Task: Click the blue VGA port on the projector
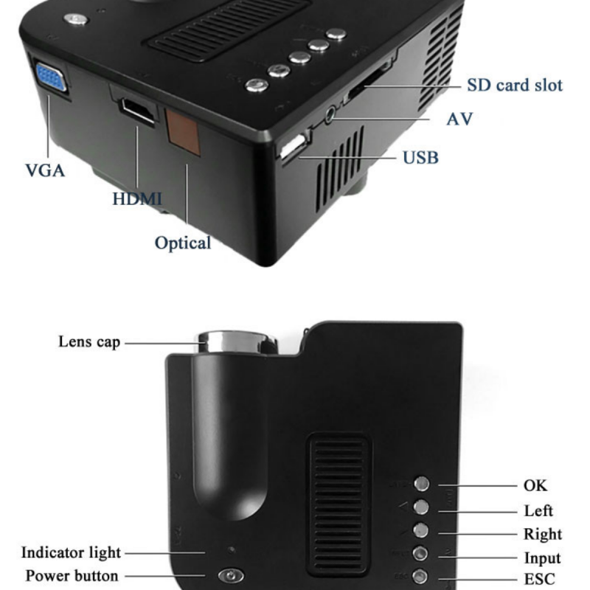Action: tap(51, 77)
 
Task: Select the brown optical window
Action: tap(183, 132)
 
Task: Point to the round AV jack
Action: tap(330, 114)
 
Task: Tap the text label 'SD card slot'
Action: tap(514, 85)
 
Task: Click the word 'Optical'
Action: tap(183, 243)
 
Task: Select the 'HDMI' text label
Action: tap(137, 198)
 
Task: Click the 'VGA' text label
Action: tap(45, 170)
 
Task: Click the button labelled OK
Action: tap(421, 484)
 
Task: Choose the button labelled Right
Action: tap(420, 530)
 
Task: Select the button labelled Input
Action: tap(420, 554)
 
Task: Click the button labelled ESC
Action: tap(420, 576)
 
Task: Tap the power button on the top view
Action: tap(231, 575)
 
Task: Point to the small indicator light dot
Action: tap(232, 549)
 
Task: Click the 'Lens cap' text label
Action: tap(89, 342)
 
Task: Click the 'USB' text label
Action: tap(420, 158)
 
